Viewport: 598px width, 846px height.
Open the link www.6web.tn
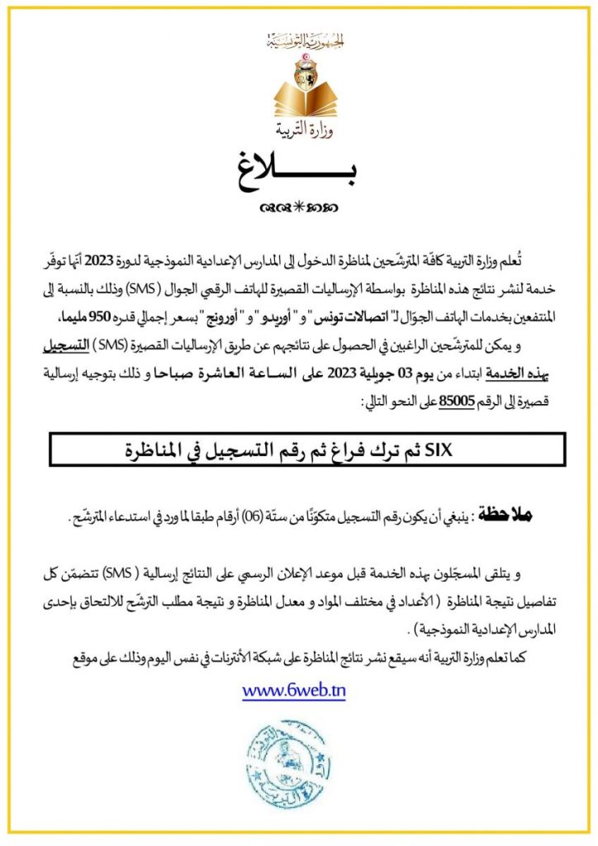294,691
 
